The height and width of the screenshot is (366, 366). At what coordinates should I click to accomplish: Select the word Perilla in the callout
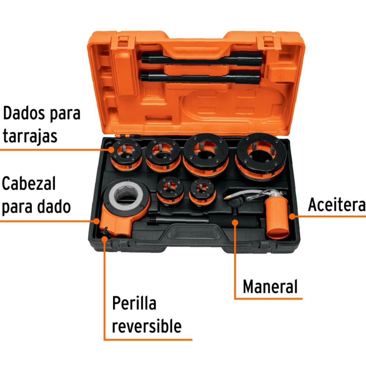[134, 303]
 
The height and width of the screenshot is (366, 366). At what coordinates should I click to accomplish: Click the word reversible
[146, 325]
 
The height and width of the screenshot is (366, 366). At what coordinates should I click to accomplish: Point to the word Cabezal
[29, 184]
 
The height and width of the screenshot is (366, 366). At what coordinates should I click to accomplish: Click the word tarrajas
[30, 136]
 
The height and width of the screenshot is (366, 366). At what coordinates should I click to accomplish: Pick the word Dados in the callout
[24, 113]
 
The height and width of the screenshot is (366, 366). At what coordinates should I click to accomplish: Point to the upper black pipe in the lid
[201, 58]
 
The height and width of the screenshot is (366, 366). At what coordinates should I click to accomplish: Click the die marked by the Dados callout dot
[126, 154]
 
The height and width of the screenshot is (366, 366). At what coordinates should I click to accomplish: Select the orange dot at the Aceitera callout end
[292, 216]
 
